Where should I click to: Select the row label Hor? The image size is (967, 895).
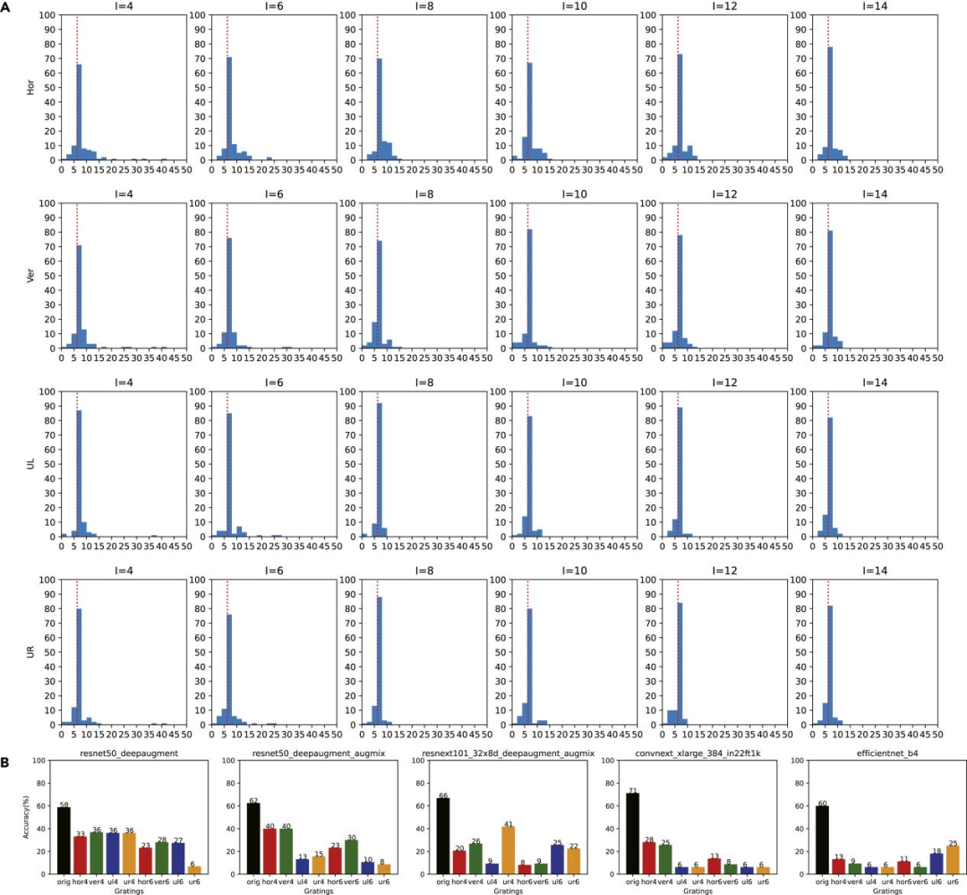30,88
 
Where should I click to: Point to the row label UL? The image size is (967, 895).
30,464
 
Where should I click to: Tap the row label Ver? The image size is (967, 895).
30,276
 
